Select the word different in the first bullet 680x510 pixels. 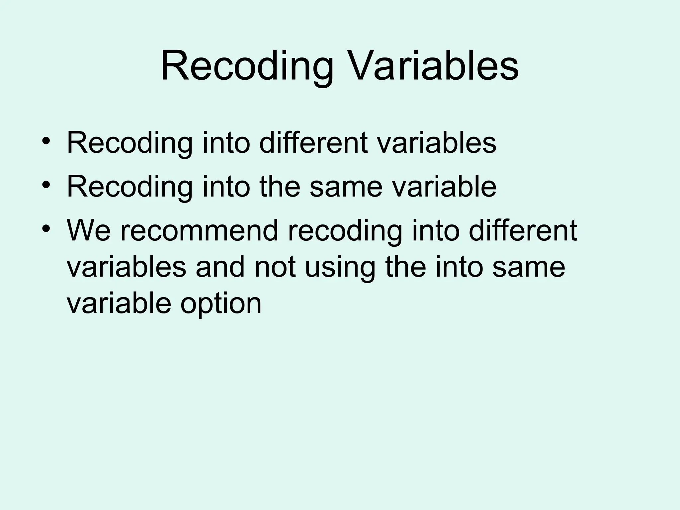pyautogui.click(x=313, y=143)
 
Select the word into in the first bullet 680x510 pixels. pyautogui.click(x=226, y=143)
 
